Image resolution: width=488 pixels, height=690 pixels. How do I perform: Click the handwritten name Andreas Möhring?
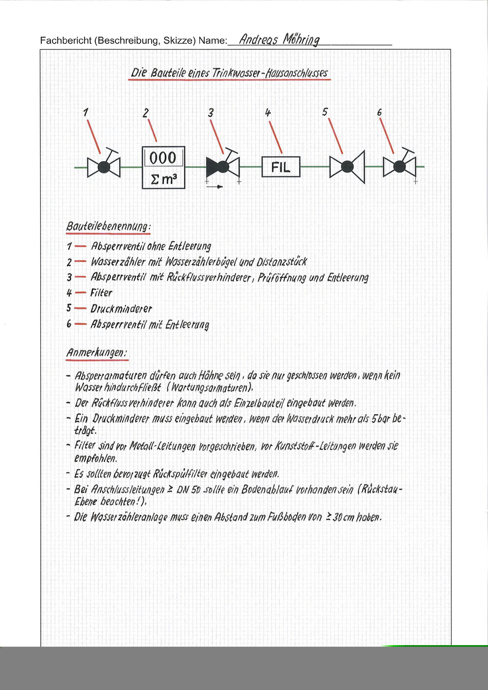(279, 40)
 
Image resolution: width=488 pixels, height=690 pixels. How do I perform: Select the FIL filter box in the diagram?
(280, 167)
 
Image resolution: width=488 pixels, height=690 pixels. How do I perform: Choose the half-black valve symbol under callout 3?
(223, 166)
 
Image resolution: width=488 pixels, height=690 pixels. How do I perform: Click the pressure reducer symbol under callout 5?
(347, 167)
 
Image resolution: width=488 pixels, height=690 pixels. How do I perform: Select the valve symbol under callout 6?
(399, 167)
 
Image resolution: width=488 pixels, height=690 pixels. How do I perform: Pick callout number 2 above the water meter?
(146, 113)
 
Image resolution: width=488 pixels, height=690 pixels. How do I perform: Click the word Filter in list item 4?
(101, 293)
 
